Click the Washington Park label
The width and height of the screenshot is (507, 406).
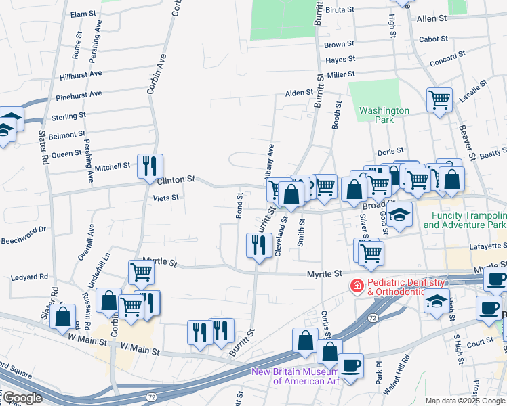(384, 115)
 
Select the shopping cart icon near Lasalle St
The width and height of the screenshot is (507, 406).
(439, 101)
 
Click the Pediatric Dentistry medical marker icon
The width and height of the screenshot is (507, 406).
(355, 287)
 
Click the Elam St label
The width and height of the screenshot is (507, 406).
(83, 14)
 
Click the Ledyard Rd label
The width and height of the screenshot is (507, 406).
(29, 277)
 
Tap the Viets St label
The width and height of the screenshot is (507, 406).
(165, 198)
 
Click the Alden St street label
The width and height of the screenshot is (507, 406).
(299, 93)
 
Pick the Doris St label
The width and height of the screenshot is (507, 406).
(390, 151)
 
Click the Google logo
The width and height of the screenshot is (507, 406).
(22, 398)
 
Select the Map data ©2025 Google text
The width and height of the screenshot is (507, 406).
(465, 401)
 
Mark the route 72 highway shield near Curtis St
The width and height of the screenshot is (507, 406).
(373, 317)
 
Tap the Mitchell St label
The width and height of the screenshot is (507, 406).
(112, 166)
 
